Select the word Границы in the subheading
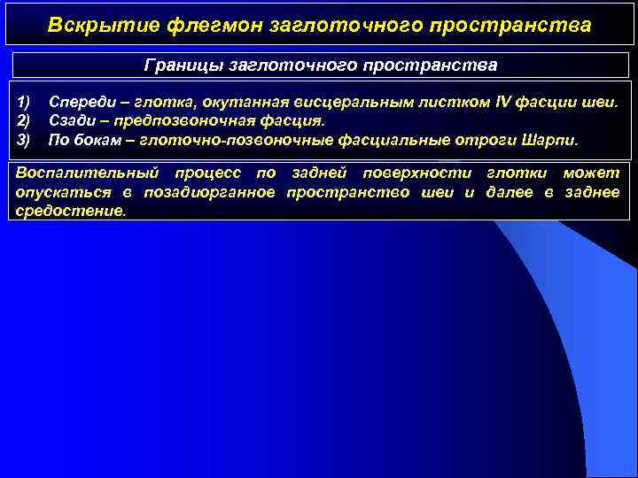pos(183,66)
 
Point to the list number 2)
pos(24,120)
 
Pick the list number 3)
pos(24,140)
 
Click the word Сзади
pos(72,120)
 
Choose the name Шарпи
pos(550,140)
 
